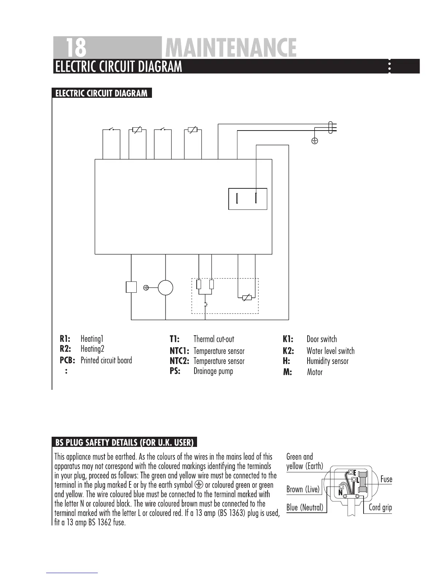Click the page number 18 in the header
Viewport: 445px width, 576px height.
pyautogui.click(x=76, y=47)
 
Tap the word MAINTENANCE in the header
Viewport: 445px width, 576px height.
pyautogui.click(x=230, y=48)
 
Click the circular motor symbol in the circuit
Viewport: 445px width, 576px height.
pyautogui.click(x=165, y=288)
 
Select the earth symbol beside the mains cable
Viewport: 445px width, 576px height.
pyautogui.click(x=315, y=141)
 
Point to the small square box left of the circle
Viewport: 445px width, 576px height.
pyautogui.click(x=131, y=287)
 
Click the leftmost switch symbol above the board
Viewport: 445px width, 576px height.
pyautogui.click(x=112, y=129)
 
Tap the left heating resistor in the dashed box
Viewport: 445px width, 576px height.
pyautogui.click(x=199, y=284)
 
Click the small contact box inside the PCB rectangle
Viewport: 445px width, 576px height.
pyautogui.click(x=248, y=199)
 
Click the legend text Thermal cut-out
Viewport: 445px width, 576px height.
pyautogui.click(x=214, y=339)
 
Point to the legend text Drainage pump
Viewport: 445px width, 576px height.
pyautogui.click(x=213, y=371)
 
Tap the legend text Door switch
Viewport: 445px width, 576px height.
pyautogui.click(x=321, y=339)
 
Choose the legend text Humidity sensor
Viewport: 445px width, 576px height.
pyautogui.click(x=327, y=361)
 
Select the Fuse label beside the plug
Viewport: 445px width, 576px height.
pyautogui.click(x=386, y=479)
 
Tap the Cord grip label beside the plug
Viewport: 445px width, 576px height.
pyautogui.click(x=380, y=507)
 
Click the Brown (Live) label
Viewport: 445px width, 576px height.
pyautogui.click(x=303, y=489)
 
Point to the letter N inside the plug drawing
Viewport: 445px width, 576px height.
pyautogui.click(x=341, y=493)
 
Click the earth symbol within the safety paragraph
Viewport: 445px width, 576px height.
pyautogui.click(x=199, y=484)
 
